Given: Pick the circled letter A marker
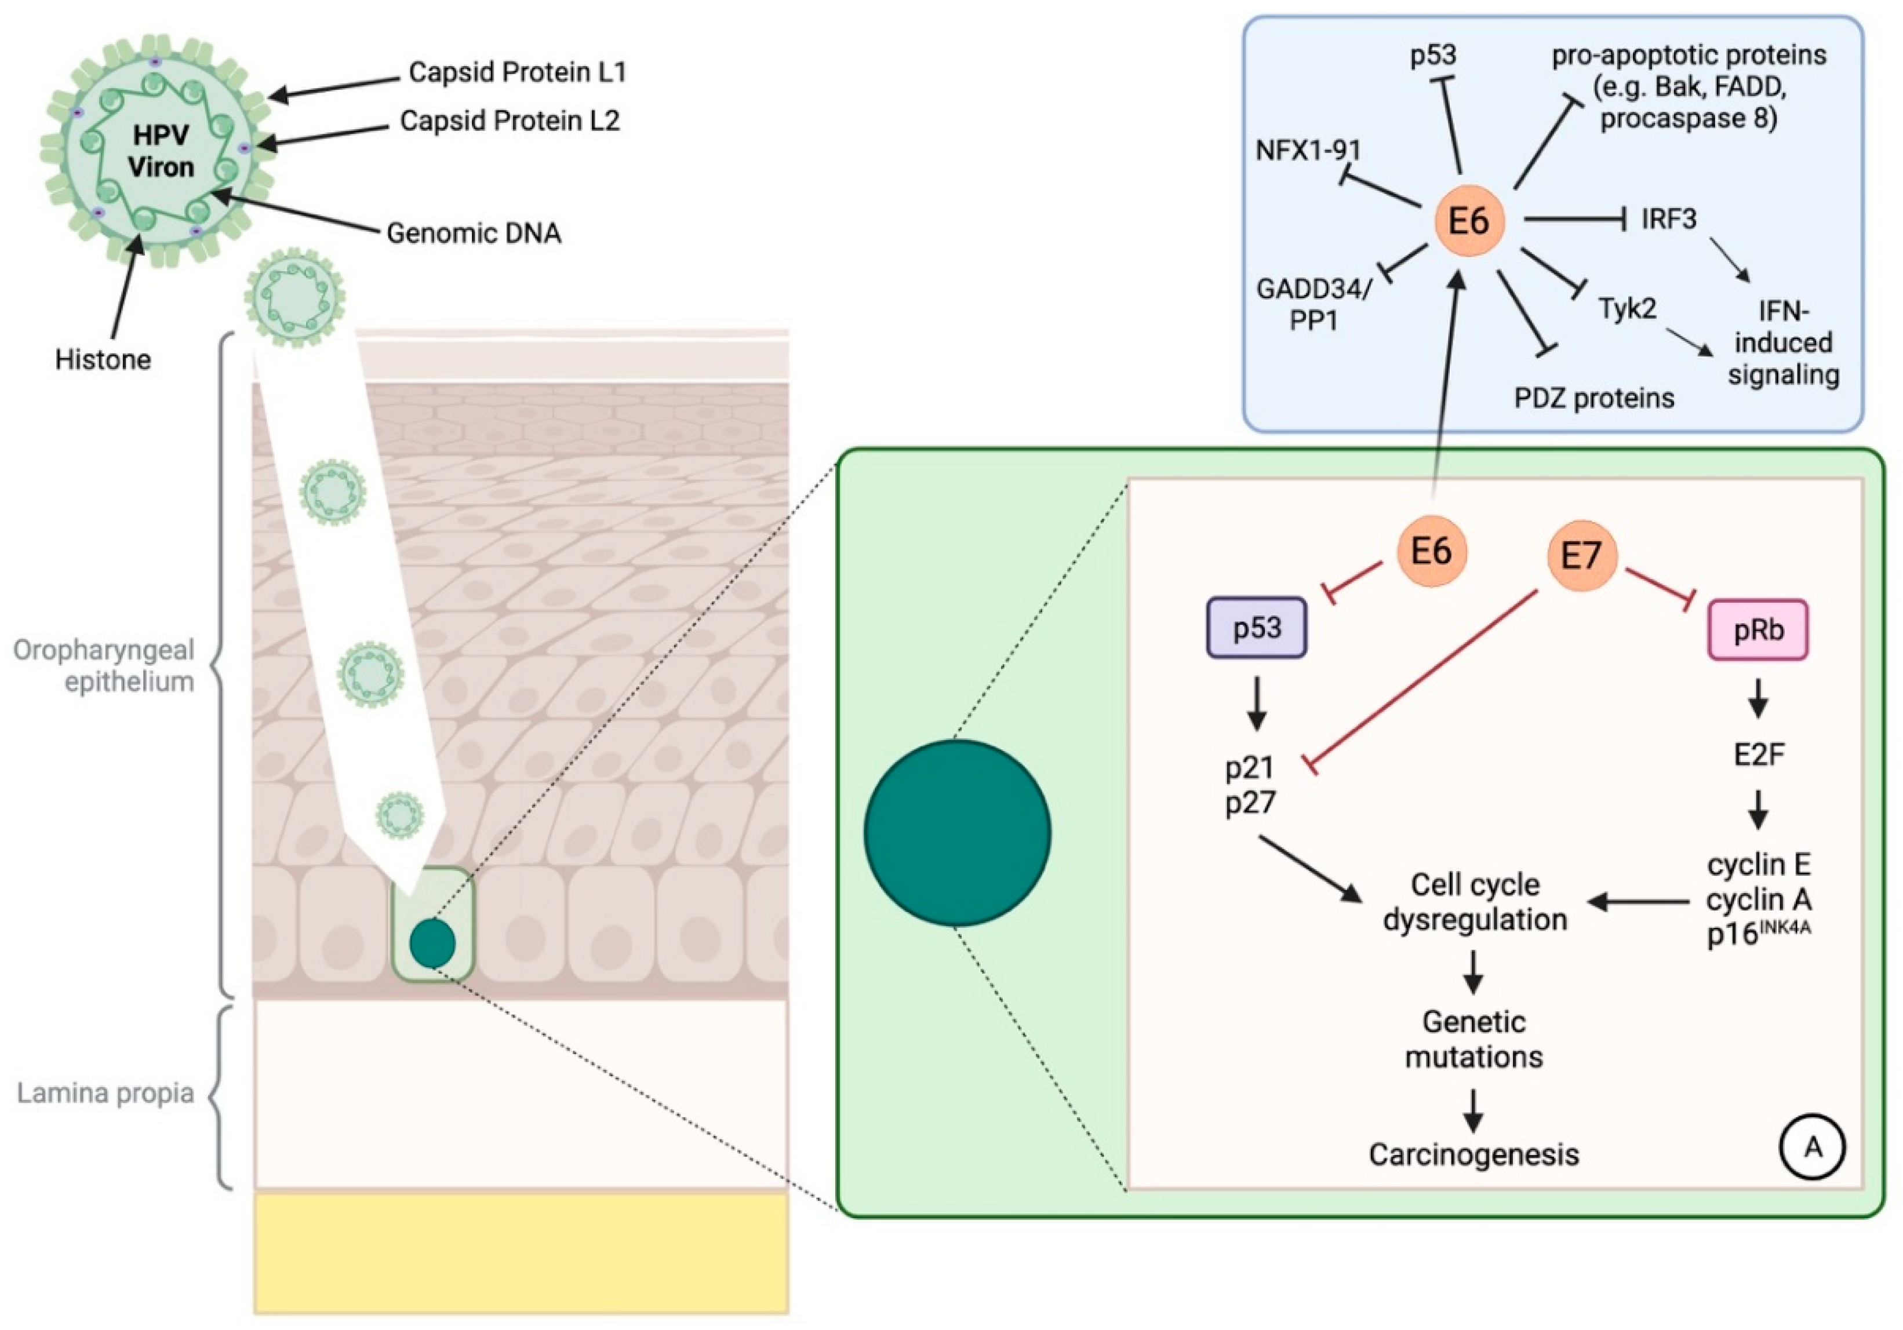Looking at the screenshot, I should tap(1813, 1147).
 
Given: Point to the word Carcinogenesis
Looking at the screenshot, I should tap(1473, 1154).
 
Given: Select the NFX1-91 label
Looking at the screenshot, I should tap(1309, 150).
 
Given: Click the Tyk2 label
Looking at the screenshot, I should tap(1627, 309).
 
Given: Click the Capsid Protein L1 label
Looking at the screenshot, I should tap(517, 72).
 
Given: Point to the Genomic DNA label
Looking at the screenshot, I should tap(473, 233).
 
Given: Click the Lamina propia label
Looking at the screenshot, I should tap(105, 1093).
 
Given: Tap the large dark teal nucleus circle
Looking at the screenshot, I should tap(958, 832).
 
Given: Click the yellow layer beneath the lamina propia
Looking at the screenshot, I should tap(521, 1251).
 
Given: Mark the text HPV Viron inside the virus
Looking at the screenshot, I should tap(161, 151).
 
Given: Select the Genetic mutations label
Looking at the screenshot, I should tap(1473, 1039).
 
